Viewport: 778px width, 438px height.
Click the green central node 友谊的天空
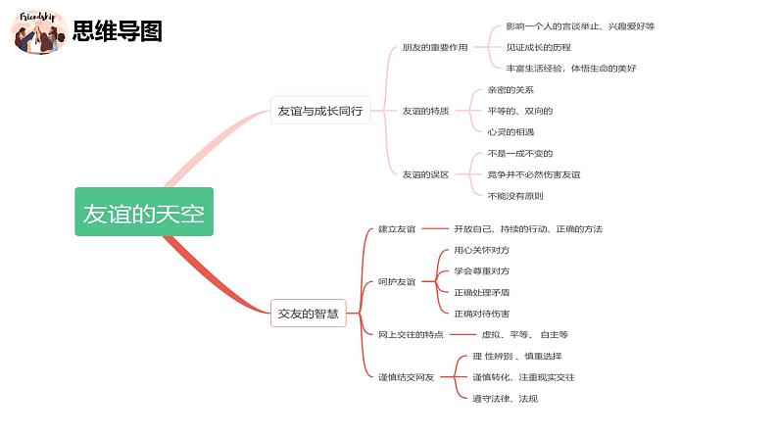point(144,212)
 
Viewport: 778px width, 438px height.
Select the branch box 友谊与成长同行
point(320,111)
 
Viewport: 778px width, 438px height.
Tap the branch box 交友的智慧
point(308,314)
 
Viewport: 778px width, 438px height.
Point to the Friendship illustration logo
point(39,31)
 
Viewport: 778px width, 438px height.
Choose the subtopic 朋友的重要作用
point(435,47)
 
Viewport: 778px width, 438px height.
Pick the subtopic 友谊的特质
point(425,111)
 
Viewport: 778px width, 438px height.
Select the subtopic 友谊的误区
point(425,174)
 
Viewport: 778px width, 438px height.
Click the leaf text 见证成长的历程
point(538,47)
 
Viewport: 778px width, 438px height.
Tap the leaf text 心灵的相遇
point(511,131)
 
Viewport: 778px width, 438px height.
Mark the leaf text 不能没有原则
point(515,196)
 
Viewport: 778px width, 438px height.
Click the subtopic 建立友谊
point(397,229)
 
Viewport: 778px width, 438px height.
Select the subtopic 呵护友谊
point(397,281)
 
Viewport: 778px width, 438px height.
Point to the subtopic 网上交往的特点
point(411,334)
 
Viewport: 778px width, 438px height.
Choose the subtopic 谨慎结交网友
point(406,376)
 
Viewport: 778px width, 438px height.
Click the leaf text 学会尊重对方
point(481,271)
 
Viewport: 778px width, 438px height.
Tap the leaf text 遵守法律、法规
point(505,398)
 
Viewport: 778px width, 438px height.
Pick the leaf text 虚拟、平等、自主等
point(524,334)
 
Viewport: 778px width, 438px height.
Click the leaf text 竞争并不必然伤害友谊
point(534,174)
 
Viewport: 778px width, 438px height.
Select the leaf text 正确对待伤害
point(481,314)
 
